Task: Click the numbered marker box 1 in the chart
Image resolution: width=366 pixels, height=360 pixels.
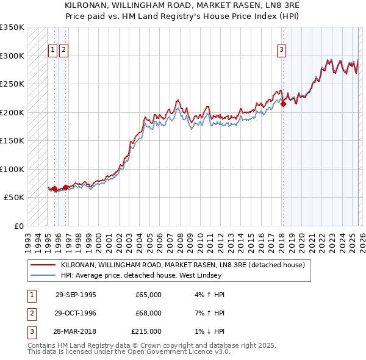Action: pos(53,51)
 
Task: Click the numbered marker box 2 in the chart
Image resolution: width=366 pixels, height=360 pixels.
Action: pos(63,51)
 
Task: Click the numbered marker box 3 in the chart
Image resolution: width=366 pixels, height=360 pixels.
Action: pos(281,51)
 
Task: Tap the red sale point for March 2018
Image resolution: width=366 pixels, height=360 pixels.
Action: pos(283,104)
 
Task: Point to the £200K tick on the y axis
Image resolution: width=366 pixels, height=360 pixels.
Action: pos(13,112)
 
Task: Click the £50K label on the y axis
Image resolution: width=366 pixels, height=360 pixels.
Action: pos(15,198)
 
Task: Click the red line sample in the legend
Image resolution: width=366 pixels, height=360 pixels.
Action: pos(43,265)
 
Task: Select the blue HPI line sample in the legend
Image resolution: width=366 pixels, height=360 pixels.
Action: pos(43,275)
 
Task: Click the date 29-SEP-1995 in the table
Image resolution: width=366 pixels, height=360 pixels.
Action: pos(76,295)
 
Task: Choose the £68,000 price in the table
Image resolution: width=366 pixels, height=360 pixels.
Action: pos(148,313)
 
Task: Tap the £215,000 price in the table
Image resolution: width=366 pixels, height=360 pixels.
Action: pos(146,331)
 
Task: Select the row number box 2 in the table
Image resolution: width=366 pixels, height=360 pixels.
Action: pos(31,313)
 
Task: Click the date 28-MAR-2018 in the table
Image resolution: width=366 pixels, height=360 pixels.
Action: pos(76,331)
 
